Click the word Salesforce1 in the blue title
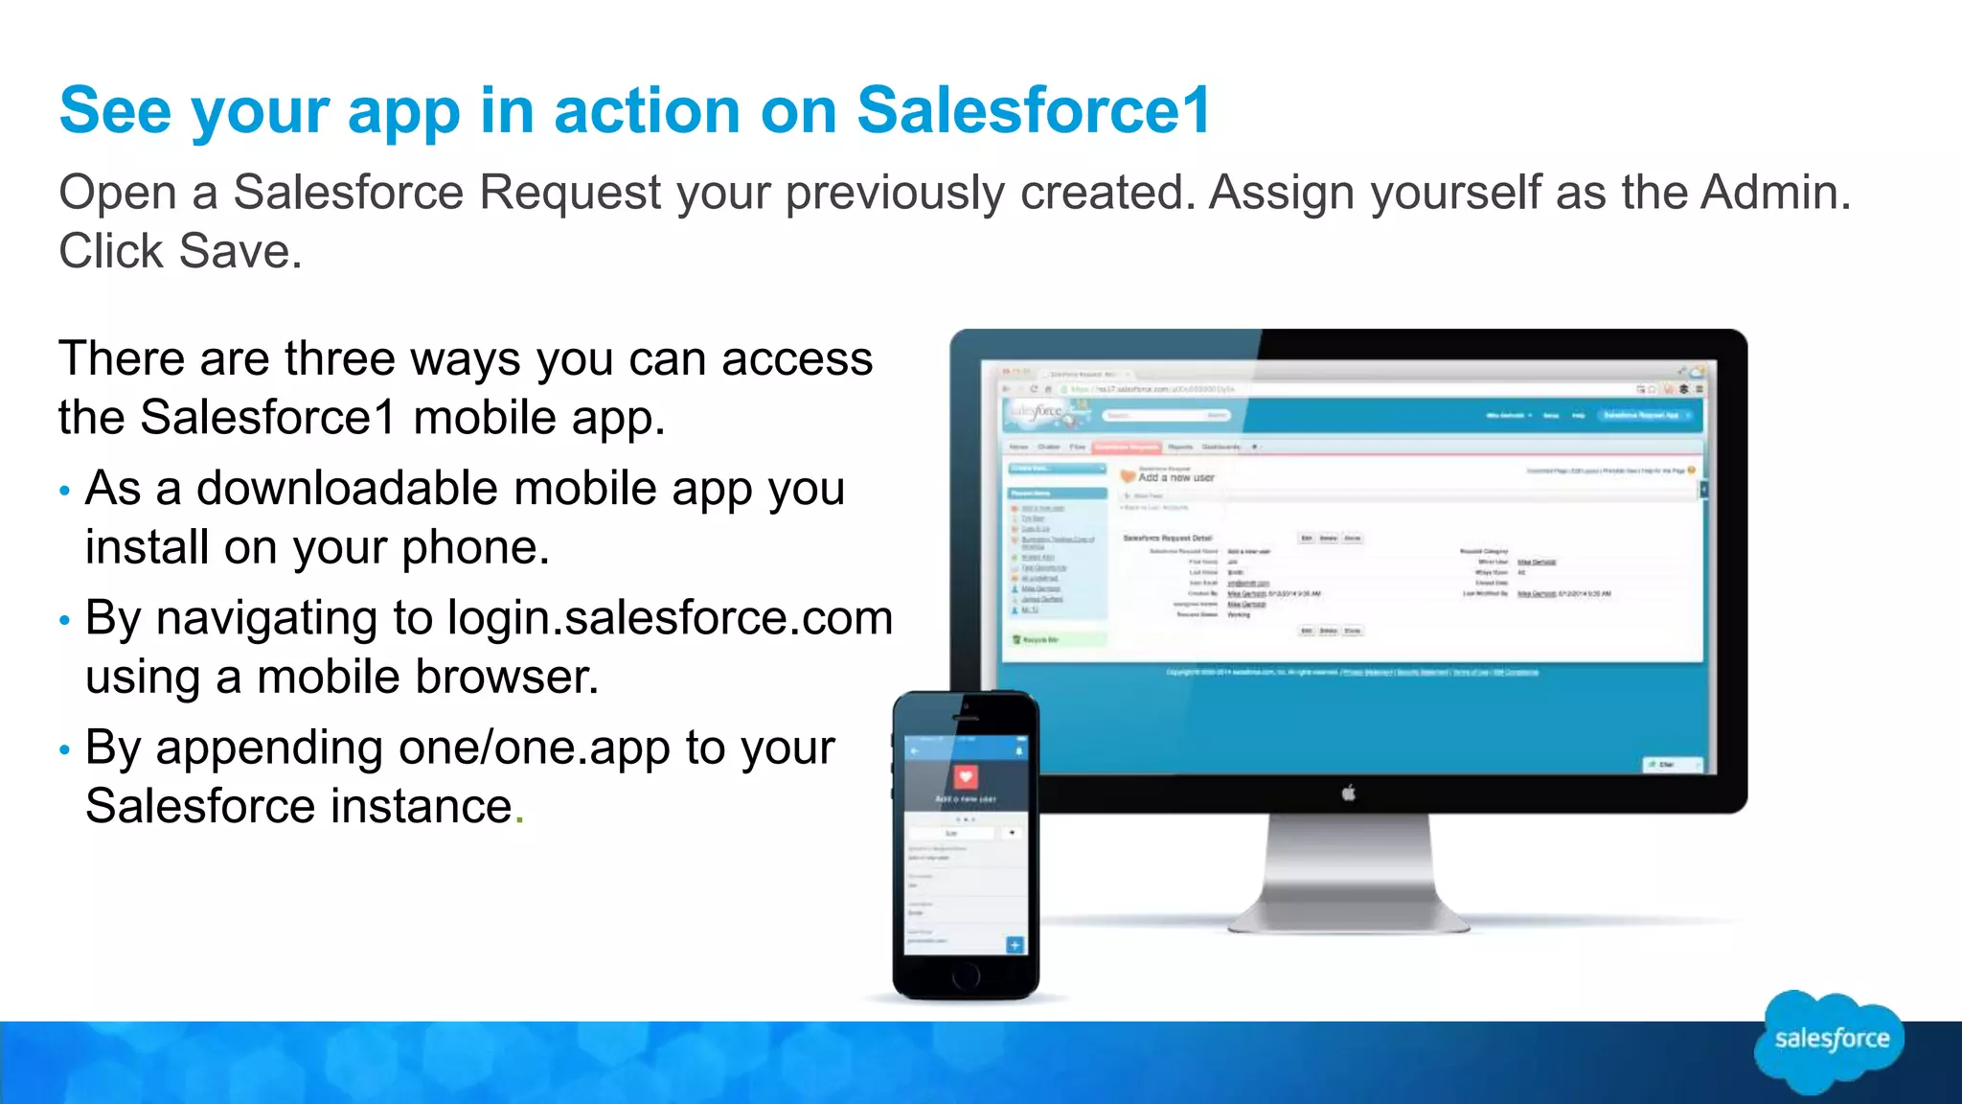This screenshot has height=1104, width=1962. pos(1033,110)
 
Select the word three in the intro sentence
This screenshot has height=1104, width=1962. pos(339,359)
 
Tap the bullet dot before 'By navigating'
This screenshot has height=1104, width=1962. pos(64,621)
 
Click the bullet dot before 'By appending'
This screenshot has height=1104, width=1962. pos(64,750)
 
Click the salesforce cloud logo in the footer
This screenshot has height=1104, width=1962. pos(1830,1041)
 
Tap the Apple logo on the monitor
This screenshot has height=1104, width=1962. pos(1348,793)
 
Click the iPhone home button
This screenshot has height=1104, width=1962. pos(966,976)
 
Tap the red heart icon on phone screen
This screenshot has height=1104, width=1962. pos(966,776)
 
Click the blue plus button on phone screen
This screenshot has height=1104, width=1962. pos(1015,945)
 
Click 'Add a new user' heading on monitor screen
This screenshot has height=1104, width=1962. pos(1175,477)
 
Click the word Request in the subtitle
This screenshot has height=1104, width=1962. pos(569,193)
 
